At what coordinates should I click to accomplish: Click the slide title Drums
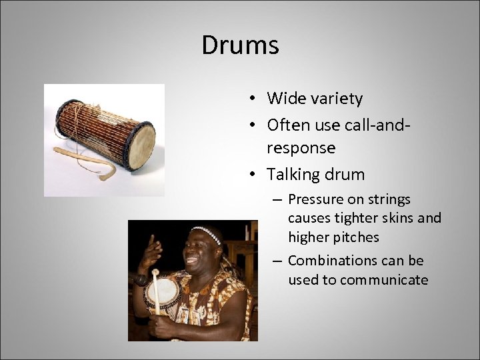tap(240, 45)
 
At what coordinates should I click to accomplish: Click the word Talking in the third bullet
tap(291, 175)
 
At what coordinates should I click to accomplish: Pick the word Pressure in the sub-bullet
tap(316, 199)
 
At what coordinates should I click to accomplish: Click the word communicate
tap(383, 280)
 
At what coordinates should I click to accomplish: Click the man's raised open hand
tap(152, 251)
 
